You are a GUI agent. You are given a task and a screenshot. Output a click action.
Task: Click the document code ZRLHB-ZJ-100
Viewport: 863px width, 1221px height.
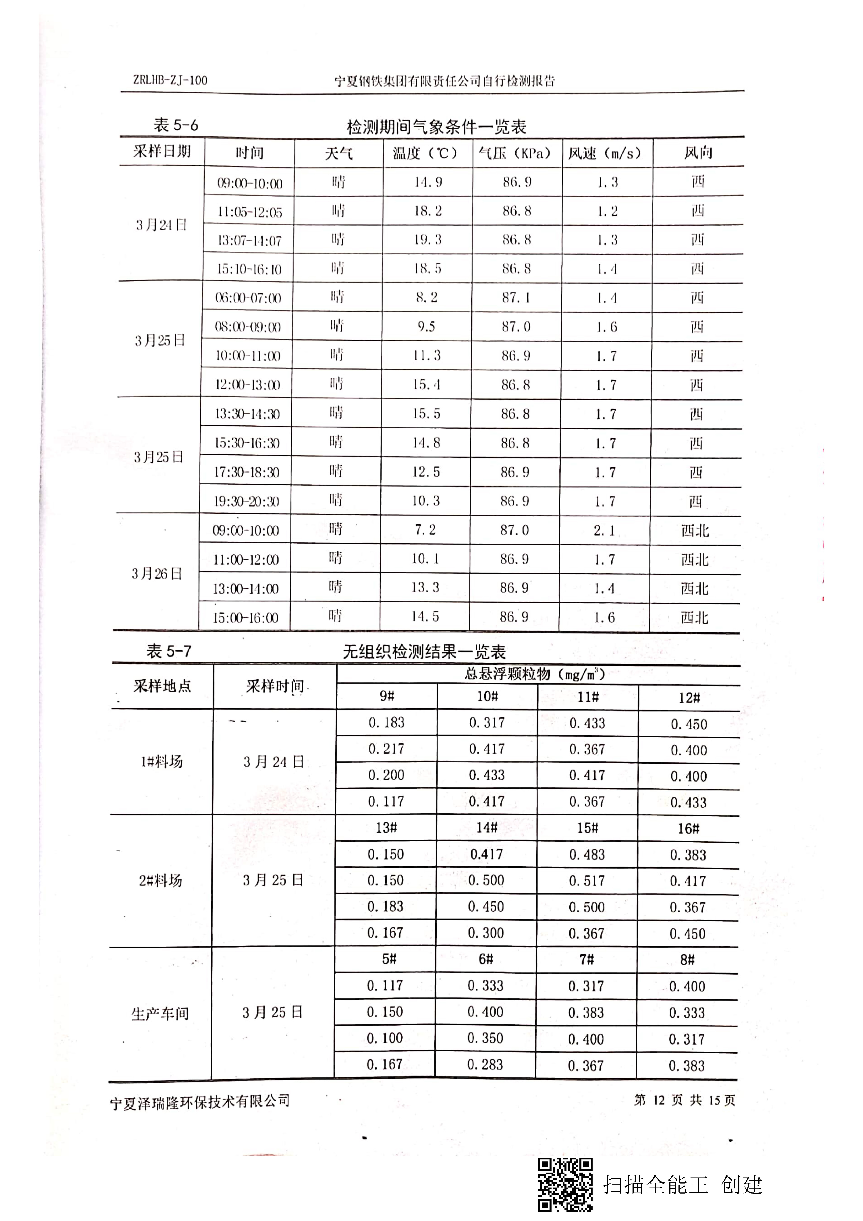(170, 80)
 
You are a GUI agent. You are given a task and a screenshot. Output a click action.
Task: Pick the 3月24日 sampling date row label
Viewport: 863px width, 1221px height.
(161, 225)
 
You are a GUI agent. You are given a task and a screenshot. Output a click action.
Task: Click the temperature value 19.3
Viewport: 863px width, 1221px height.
(427, 240)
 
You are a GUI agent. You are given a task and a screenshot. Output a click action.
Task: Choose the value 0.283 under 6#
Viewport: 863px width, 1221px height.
(485, 1065)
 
